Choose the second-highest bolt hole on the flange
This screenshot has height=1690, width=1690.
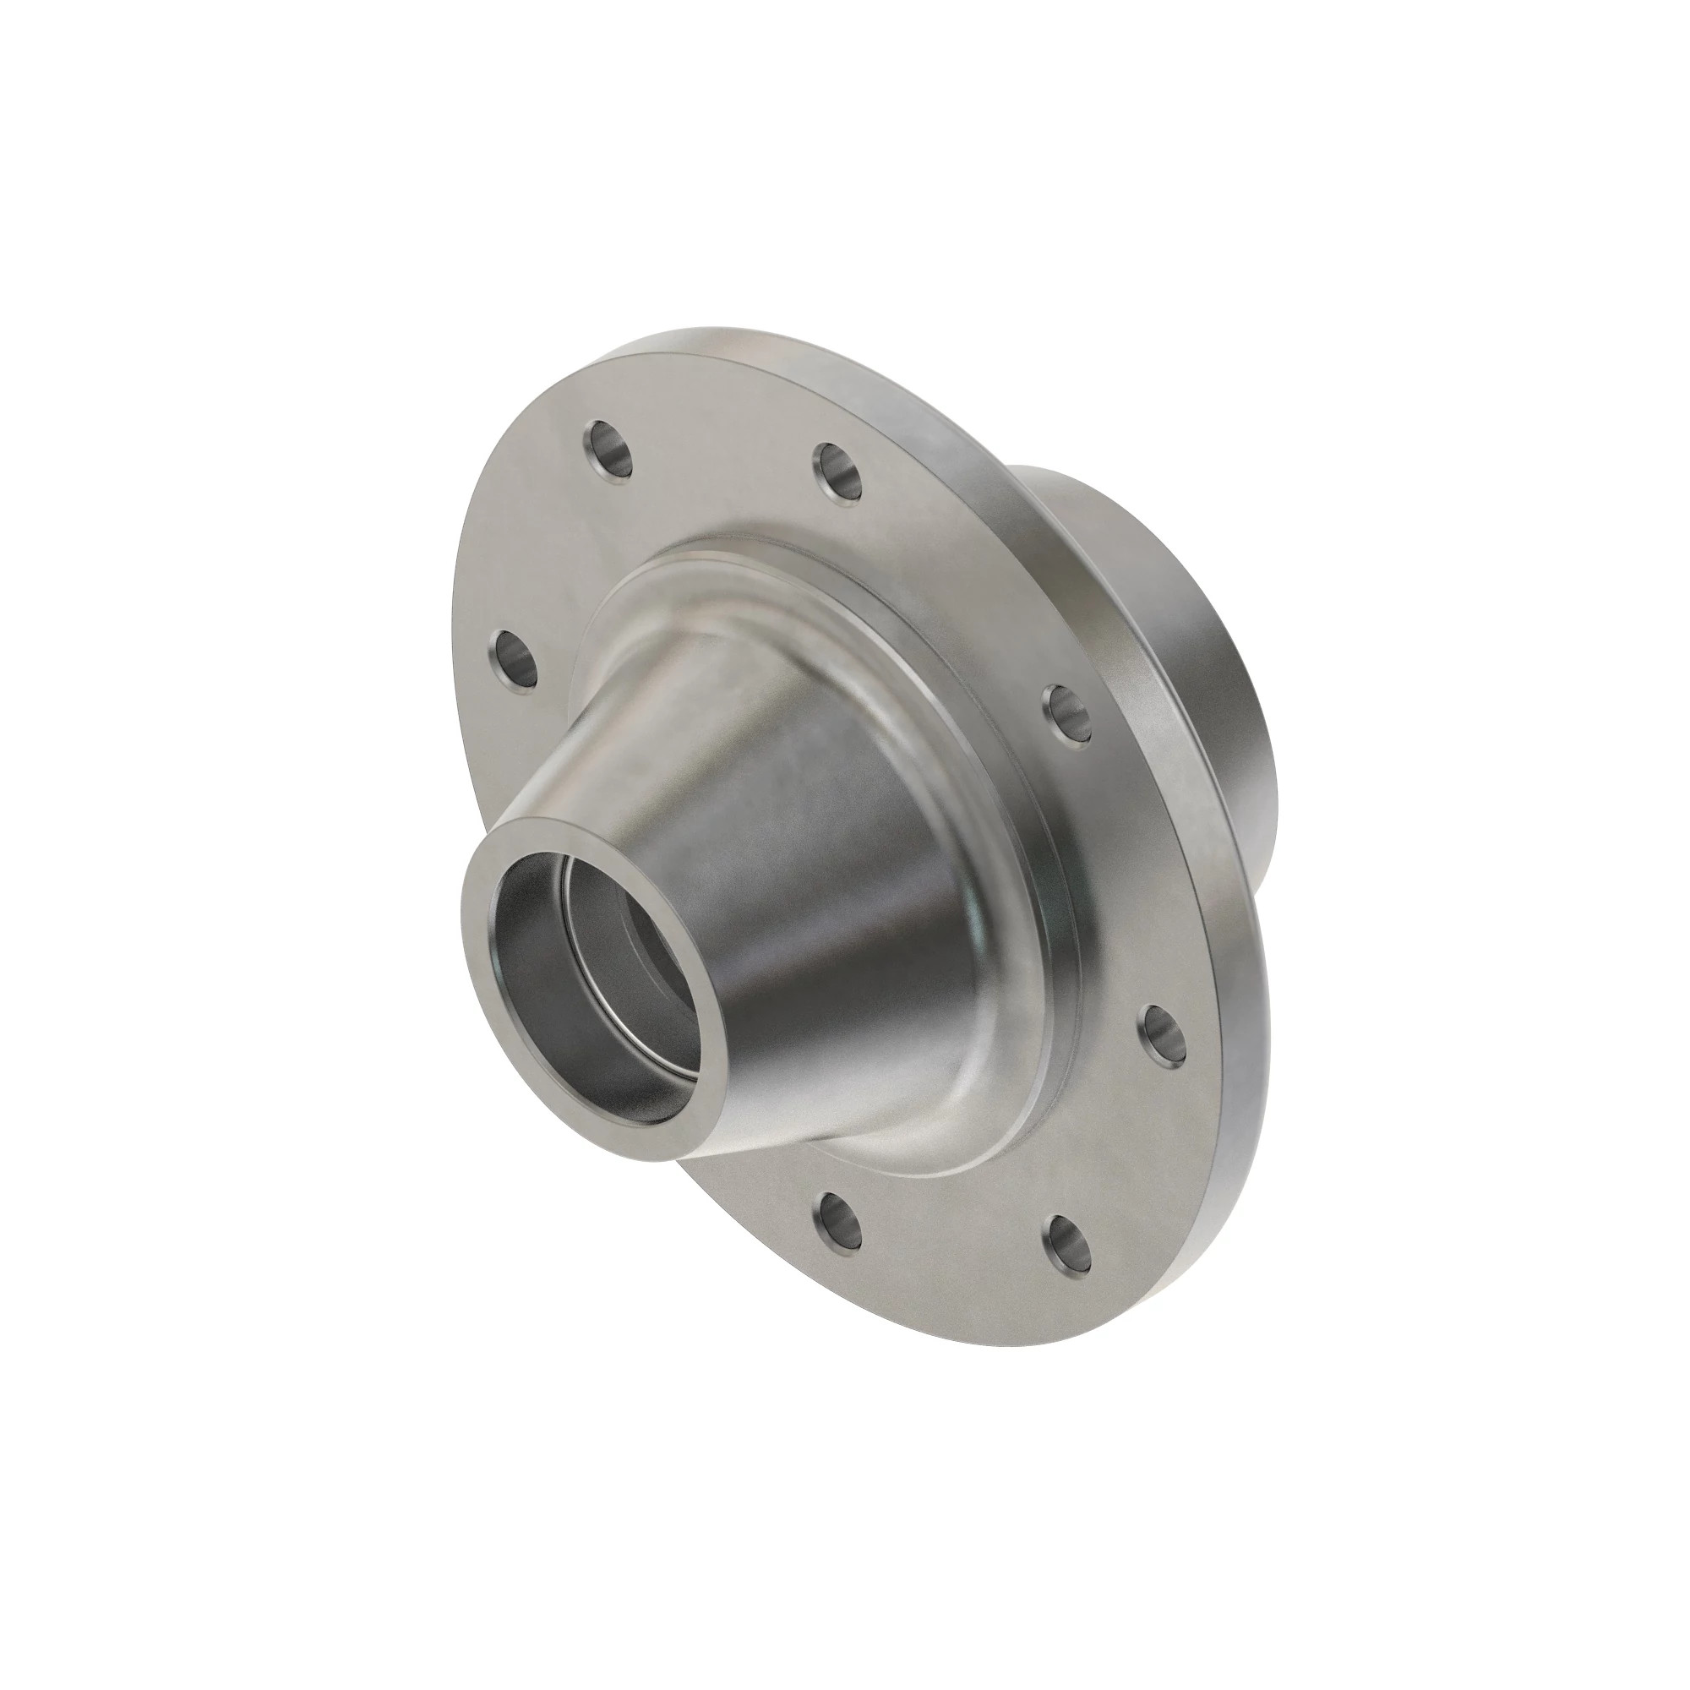point(839,475)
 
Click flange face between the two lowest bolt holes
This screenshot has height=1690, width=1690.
point(953,1242)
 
